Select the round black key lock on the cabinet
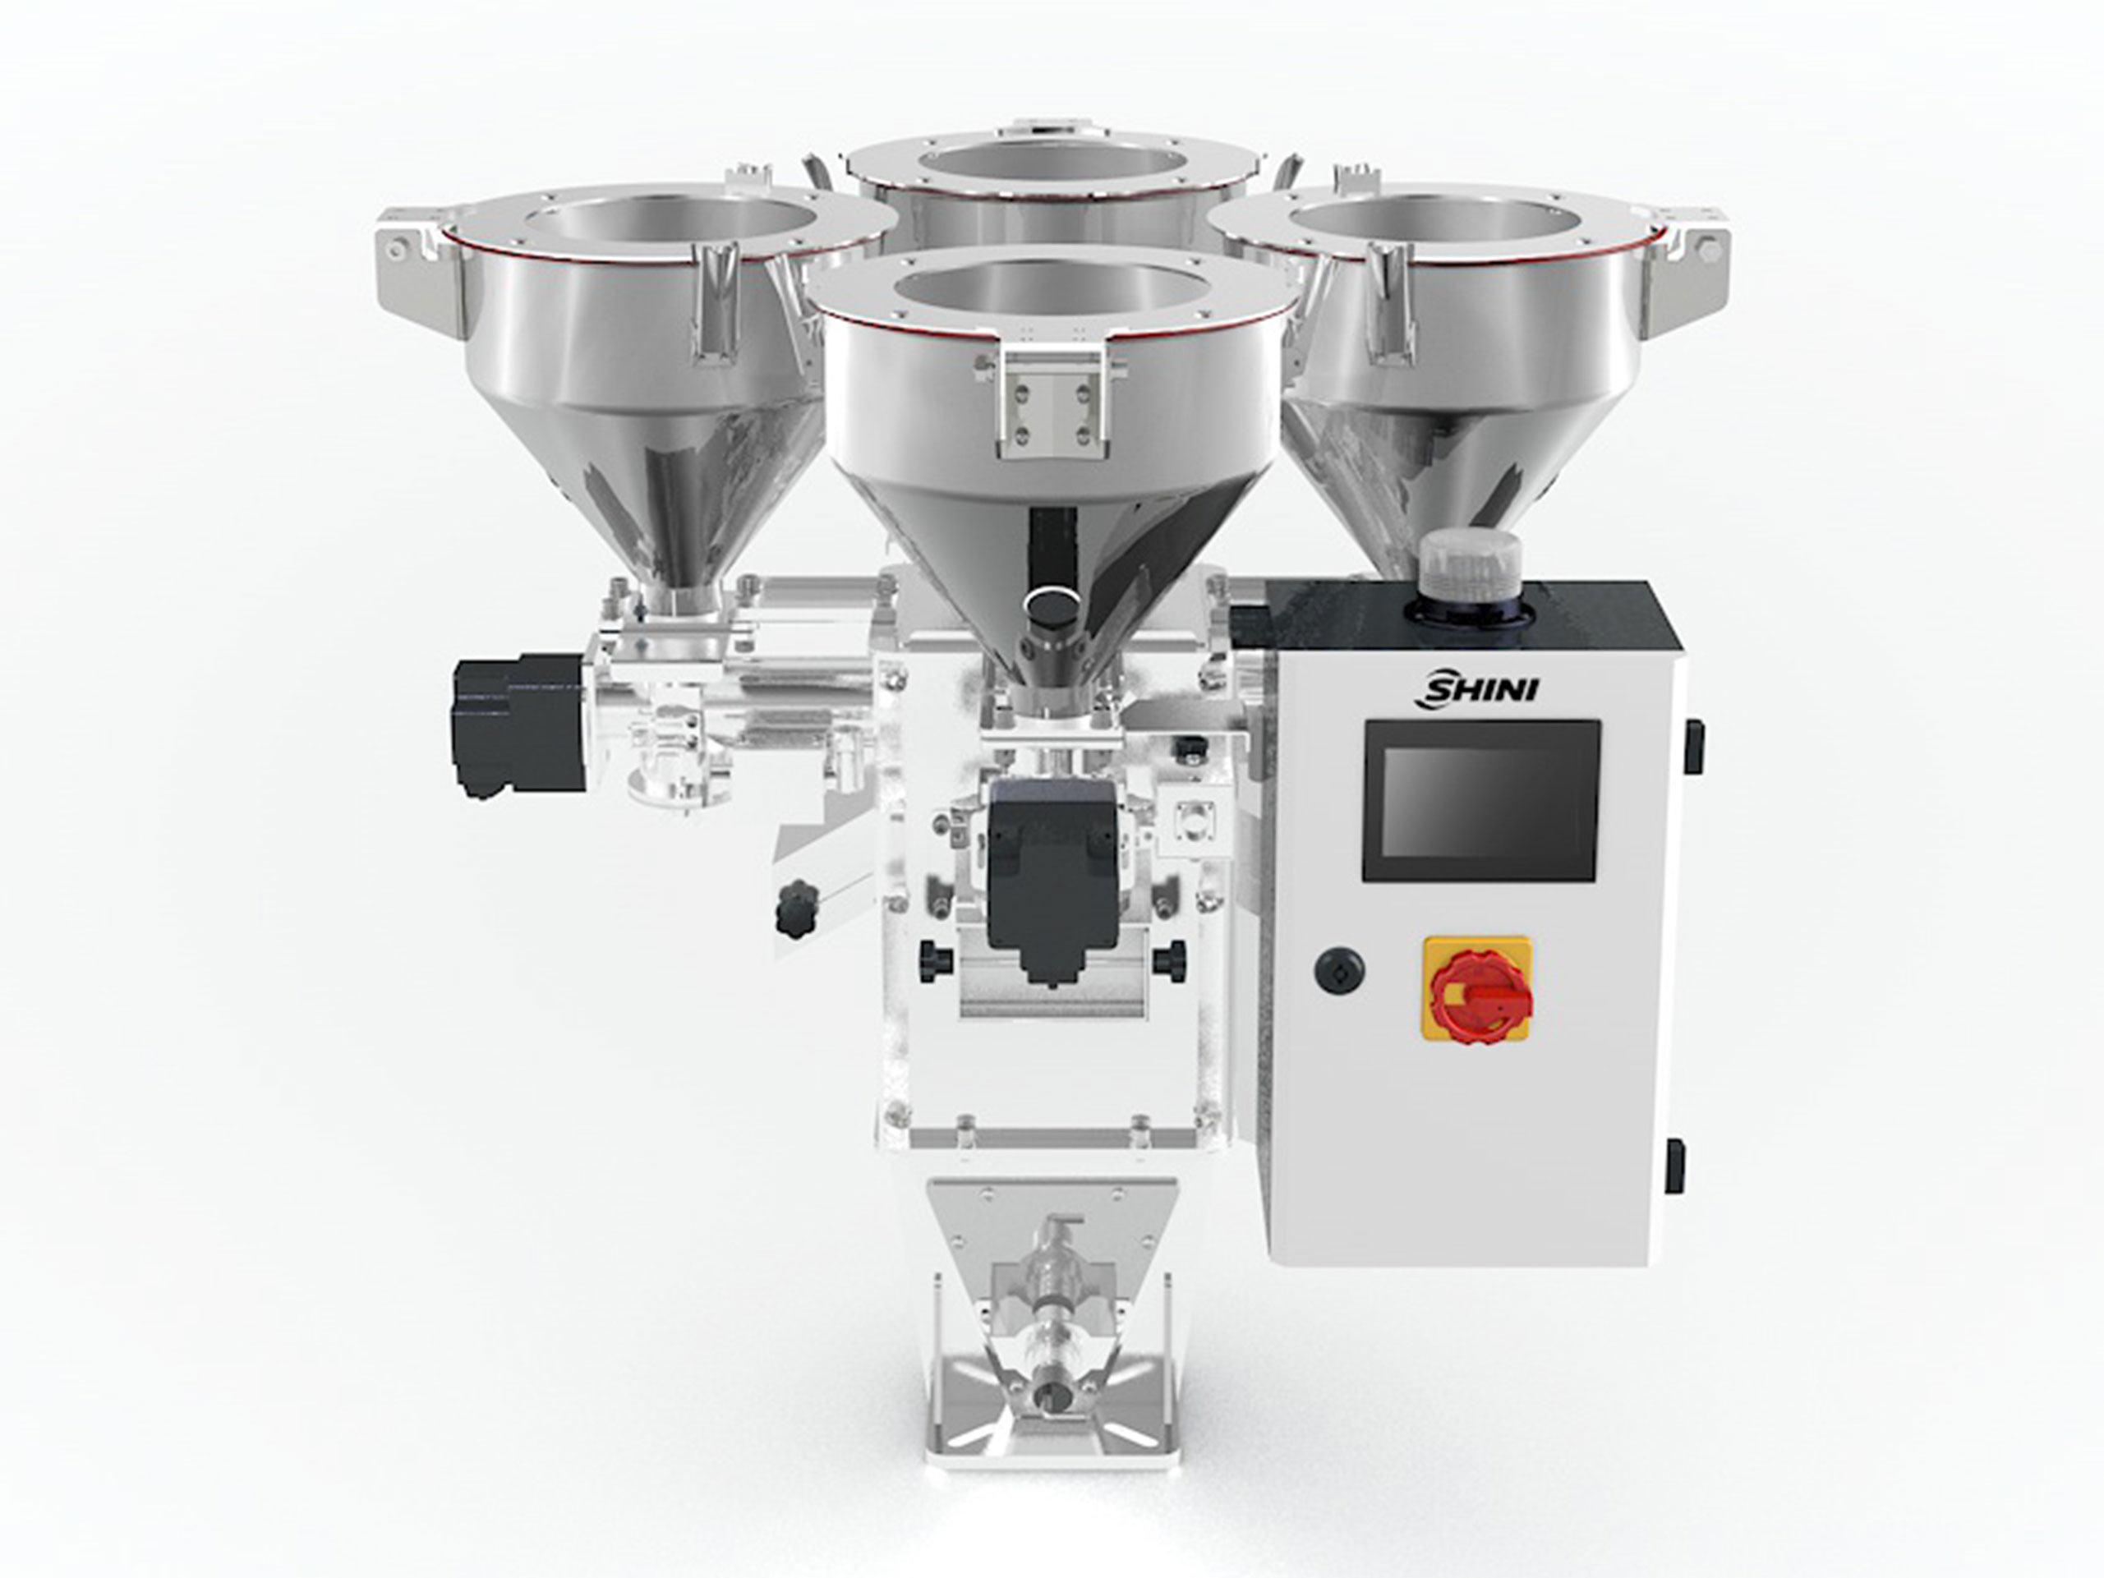pyautogui.click(x=1338, y=970)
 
